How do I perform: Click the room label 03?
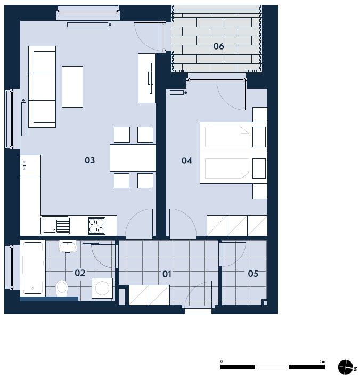[89, 160]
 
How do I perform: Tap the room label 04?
[187, 161]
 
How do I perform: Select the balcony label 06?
[219, 46]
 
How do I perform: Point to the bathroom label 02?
[80, 273]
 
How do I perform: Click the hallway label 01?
[167, 274]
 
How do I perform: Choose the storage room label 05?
[253, 274]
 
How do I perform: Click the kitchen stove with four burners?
[96, 226]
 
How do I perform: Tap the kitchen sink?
[55, 226]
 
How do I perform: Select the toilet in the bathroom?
[62, 288]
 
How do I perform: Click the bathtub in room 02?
[33, 268]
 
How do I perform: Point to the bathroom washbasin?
[68, 246]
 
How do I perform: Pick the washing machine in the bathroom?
[102, 288]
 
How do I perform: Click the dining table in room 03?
[133, 158]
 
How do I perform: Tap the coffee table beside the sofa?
[72, 87]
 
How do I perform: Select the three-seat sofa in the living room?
[42, 87]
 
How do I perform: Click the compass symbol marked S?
[345, 367]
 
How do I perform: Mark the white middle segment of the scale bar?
[273, 367]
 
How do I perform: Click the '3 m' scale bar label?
[322, 361]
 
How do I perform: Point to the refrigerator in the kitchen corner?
[30, 166]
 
